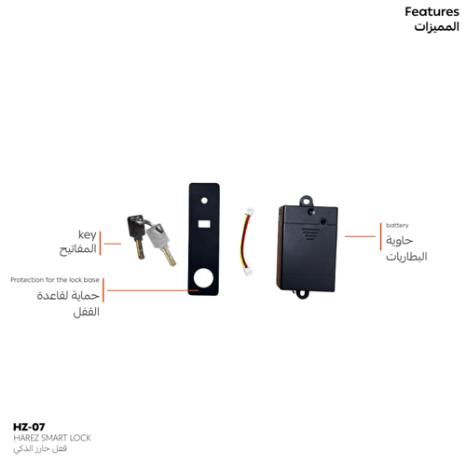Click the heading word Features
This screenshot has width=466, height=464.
pyautogui.click(x=432, y=12)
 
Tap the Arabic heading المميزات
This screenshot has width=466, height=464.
pyautogui.click(x=436, y=26)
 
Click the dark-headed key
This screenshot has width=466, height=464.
pyautogui.click(x=136, y=235)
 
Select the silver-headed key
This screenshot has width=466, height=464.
pyautogui.click(x=160, y=244)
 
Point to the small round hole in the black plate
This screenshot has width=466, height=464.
pyautogui.click(x=204, y=200)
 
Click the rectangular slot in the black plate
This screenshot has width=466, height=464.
pyautogui.click(x=204, y=224)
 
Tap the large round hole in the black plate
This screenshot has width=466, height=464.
pyautogui.click(x=203, y=278)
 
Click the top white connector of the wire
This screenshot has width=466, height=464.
pyautogui.click(x=250, y=212)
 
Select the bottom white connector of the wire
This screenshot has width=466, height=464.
pyautogui.click(x=248, y=272)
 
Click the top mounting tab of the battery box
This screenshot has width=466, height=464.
pyautogui.click(x=306, y=201)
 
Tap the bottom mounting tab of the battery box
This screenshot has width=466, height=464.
pyautogui.click(x=302, y=293)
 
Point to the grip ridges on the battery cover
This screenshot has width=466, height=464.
pyautogui.click(x=309, y=234)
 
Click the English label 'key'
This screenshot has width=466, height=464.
pyautogui.click(x=88, y=235)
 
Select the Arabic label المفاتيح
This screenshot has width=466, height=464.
pyautogui.click(x=77, y=249)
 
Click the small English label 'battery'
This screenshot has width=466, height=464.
pyautogui.click(x=397, y=225)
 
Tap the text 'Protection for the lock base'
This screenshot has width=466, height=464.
pyautogui.click(x=55, y=280)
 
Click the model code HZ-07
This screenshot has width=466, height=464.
pyautogui.click(x=29, y=427)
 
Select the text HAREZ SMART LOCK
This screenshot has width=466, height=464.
pyautogui.click(x=52, y=438)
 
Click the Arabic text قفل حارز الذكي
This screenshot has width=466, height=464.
pyautogui.click(x=40, y=449)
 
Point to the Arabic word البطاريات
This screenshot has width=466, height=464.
pyautogui.click(x=406, y=257)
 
